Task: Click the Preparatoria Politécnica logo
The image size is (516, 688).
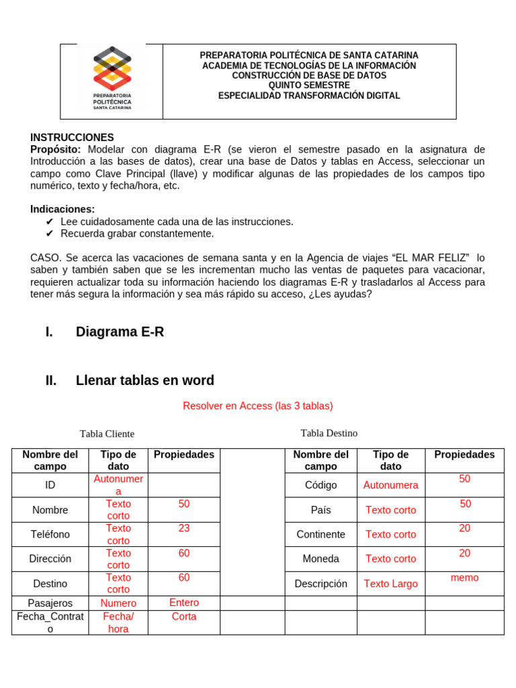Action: (112, 77)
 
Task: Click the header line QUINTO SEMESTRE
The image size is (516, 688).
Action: (309, 85)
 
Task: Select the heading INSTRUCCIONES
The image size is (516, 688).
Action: (72, 137)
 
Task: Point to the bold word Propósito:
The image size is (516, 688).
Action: (56, 149)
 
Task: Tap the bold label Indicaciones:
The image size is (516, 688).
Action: (62, 209)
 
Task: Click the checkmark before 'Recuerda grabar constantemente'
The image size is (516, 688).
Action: (49, 234)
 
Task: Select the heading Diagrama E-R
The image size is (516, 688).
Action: (120, 332)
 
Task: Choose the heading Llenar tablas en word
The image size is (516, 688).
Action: (144, 380)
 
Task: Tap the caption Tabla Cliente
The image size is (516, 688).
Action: (107, 434)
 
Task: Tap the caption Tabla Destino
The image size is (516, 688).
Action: (329, 433)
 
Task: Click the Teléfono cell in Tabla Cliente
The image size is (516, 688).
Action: (50, 534)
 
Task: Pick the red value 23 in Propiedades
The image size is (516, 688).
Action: (184, 528)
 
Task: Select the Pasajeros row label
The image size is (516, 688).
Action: (50, 603)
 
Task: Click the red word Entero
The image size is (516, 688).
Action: (184, 602)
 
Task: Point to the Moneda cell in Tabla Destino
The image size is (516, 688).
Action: (320, 558)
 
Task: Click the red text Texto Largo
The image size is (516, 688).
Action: (390, 584)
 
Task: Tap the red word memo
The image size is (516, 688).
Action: (464, 577)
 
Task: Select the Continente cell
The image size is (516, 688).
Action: (320, 534)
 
